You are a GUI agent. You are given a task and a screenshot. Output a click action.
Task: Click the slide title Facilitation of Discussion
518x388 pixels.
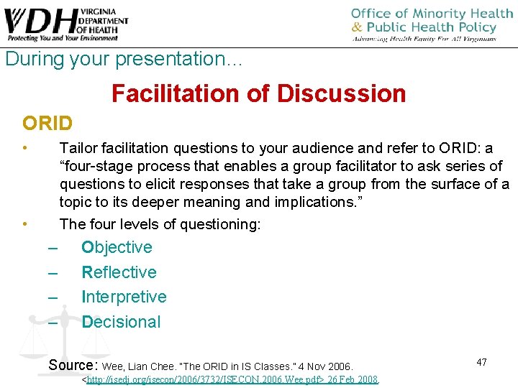tap(259, 93)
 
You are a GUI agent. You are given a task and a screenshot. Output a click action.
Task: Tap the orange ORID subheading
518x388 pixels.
tap(47, 124)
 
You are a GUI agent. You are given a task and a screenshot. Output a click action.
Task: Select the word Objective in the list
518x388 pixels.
tap(117, 247)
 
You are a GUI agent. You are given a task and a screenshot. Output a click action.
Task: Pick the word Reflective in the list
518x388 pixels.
tap(119, 272)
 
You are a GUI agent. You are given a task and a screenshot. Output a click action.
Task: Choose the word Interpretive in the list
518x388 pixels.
tap(124, 297)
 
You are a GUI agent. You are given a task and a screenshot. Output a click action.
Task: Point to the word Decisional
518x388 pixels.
tap(121, 322)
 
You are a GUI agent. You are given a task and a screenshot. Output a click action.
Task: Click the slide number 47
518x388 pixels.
tap(481, 362)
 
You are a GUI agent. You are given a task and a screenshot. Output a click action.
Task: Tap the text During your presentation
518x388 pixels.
tap(124, 59)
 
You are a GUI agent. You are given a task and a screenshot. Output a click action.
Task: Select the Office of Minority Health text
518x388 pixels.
tap(422, 14)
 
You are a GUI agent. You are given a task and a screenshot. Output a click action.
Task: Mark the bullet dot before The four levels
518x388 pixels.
tap(25, 223)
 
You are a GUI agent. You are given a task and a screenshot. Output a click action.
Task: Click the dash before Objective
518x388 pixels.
tap(53, 248)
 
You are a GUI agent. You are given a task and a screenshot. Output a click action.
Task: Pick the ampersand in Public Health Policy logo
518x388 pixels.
tap(358, 28)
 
